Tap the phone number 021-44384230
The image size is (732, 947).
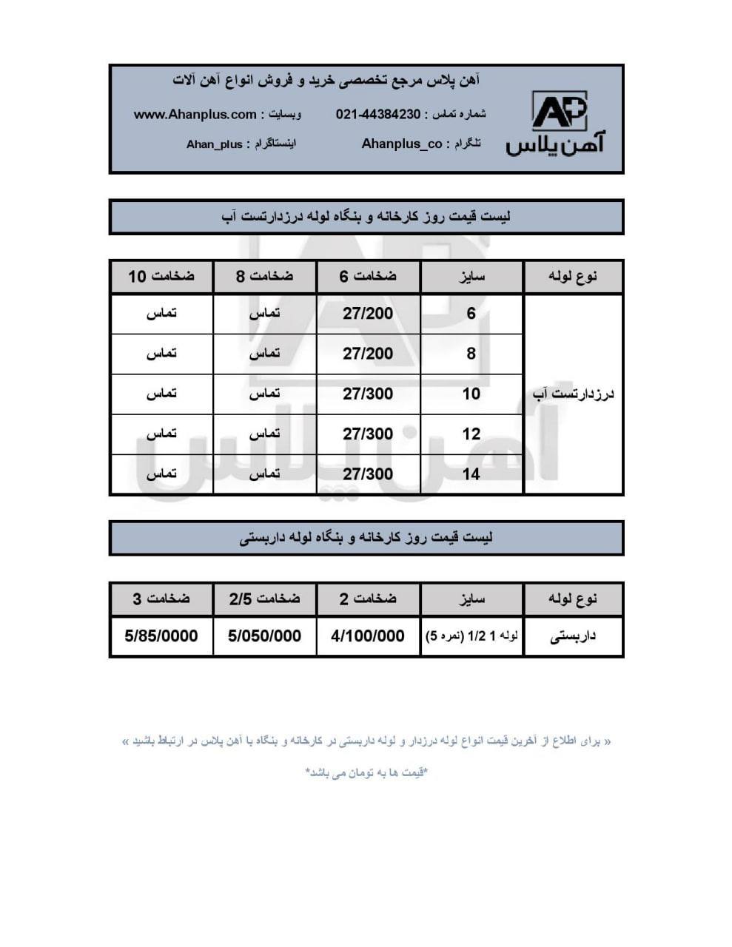point(378,115)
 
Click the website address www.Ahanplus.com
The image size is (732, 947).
point(195,115)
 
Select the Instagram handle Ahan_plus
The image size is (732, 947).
point(214,144)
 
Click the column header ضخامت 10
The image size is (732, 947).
point(161,277)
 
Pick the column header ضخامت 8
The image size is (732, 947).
point(264,277)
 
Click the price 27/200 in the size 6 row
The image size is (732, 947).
point(368,314)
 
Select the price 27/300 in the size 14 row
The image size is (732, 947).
point(368,474)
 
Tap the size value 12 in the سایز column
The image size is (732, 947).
point(471,434)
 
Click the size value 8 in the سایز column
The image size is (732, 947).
point(471,354)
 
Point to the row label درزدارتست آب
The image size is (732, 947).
point(574,394)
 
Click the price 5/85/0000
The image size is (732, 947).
point(161,636)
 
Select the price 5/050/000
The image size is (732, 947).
point(264,636)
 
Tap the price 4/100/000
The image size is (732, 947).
point(368,636)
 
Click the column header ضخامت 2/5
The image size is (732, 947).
point(264,599)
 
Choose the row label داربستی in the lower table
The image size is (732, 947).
point(574,636)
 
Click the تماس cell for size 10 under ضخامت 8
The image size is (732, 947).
point(264,394)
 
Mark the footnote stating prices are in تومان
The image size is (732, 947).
point(366,773)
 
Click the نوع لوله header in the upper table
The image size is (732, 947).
point(574,277)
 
